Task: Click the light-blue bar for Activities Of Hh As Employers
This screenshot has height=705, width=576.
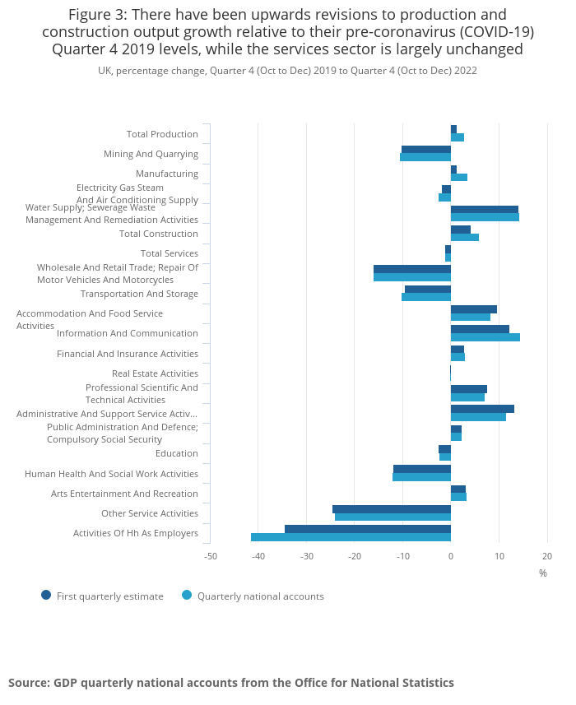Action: point(351,537)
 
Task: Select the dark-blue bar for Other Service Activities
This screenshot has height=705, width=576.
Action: point(392,509)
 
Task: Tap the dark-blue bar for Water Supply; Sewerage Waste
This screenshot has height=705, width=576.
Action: point(485,210)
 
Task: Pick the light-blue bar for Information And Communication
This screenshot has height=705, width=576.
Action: point(485,337)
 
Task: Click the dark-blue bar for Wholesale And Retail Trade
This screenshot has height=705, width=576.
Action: point(412,269)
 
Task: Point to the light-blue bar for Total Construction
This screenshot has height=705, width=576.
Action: point(465,238)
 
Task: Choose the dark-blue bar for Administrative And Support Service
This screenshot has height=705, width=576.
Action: point(482,409)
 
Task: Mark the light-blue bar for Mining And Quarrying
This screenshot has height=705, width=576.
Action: point(425,157)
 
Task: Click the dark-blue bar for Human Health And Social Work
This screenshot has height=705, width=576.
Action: point(422,469)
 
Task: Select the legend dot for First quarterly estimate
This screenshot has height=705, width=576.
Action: point(46,595)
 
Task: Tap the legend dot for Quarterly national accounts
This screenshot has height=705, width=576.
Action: point(187,595)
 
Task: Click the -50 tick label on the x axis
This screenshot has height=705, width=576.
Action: point(211,556)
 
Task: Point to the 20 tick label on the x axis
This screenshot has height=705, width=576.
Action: point(547,556)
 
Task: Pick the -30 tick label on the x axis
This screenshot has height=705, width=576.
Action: point(307,556)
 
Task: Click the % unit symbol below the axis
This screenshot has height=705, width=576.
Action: point(543,573)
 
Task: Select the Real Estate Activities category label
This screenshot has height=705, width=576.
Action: point(155,373)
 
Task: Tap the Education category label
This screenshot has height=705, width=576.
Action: point(177,453)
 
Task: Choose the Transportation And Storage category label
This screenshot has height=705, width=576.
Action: point(139,294)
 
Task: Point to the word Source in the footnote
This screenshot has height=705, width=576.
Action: point(29,683)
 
